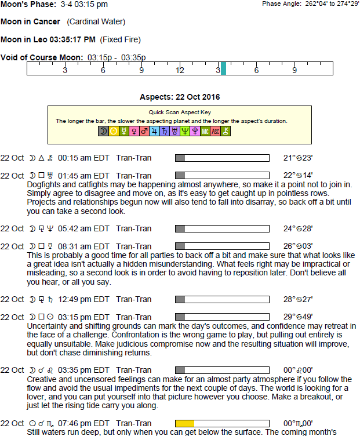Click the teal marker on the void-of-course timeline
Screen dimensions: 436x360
point(223,68)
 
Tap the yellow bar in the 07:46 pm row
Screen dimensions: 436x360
point(185,423)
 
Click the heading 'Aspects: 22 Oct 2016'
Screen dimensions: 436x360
point(180,97)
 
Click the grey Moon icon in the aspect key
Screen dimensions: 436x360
point(103,132)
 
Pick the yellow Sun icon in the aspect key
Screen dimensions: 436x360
point(114,132)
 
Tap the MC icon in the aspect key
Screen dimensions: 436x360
point(205,132)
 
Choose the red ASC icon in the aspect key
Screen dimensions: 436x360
point(216,132)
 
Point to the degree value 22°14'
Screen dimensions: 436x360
point(298,176)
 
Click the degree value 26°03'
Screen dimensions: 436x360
point(298,246)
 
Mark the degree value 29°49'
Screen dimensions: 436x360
point(298,317)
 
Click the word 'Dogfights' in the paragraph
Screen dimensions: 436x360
point(44,184)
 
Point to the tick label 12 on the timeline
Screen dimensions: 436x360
point(180,70)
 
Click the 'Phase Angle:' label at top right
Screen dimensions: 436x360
point(281,3)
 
